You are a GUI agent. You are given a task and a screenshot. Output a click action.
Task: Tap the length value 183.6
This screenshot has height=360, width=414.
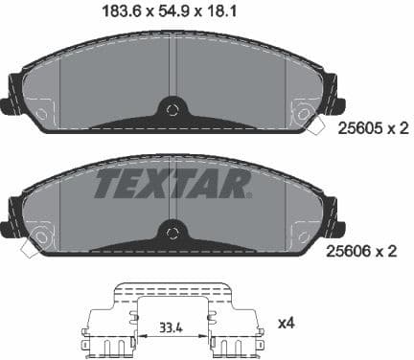pos(120,11)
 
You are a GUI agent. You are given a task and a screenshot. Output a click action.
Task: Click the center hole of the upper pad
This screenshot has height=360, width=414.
pos(172,109)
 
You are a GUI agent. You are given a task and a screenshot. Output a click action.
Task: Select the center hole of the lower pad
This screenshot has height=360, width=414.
pos(172,231)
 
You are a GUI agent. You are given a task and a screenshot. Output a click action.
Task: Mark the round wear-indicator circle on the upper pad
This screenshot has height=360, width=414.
pos(306,116)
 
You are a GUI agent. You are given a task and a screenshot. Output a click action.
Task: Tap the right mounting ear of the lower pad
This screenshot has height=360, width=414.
pos(335,225)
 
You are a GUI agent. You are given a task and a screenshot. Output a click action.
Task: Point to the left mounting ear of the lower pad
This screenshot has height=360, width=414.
pos(9,225)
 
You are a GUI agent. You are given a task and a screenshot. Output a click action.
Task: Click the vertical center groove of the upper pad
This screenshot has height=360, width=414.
pos(172,67)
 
